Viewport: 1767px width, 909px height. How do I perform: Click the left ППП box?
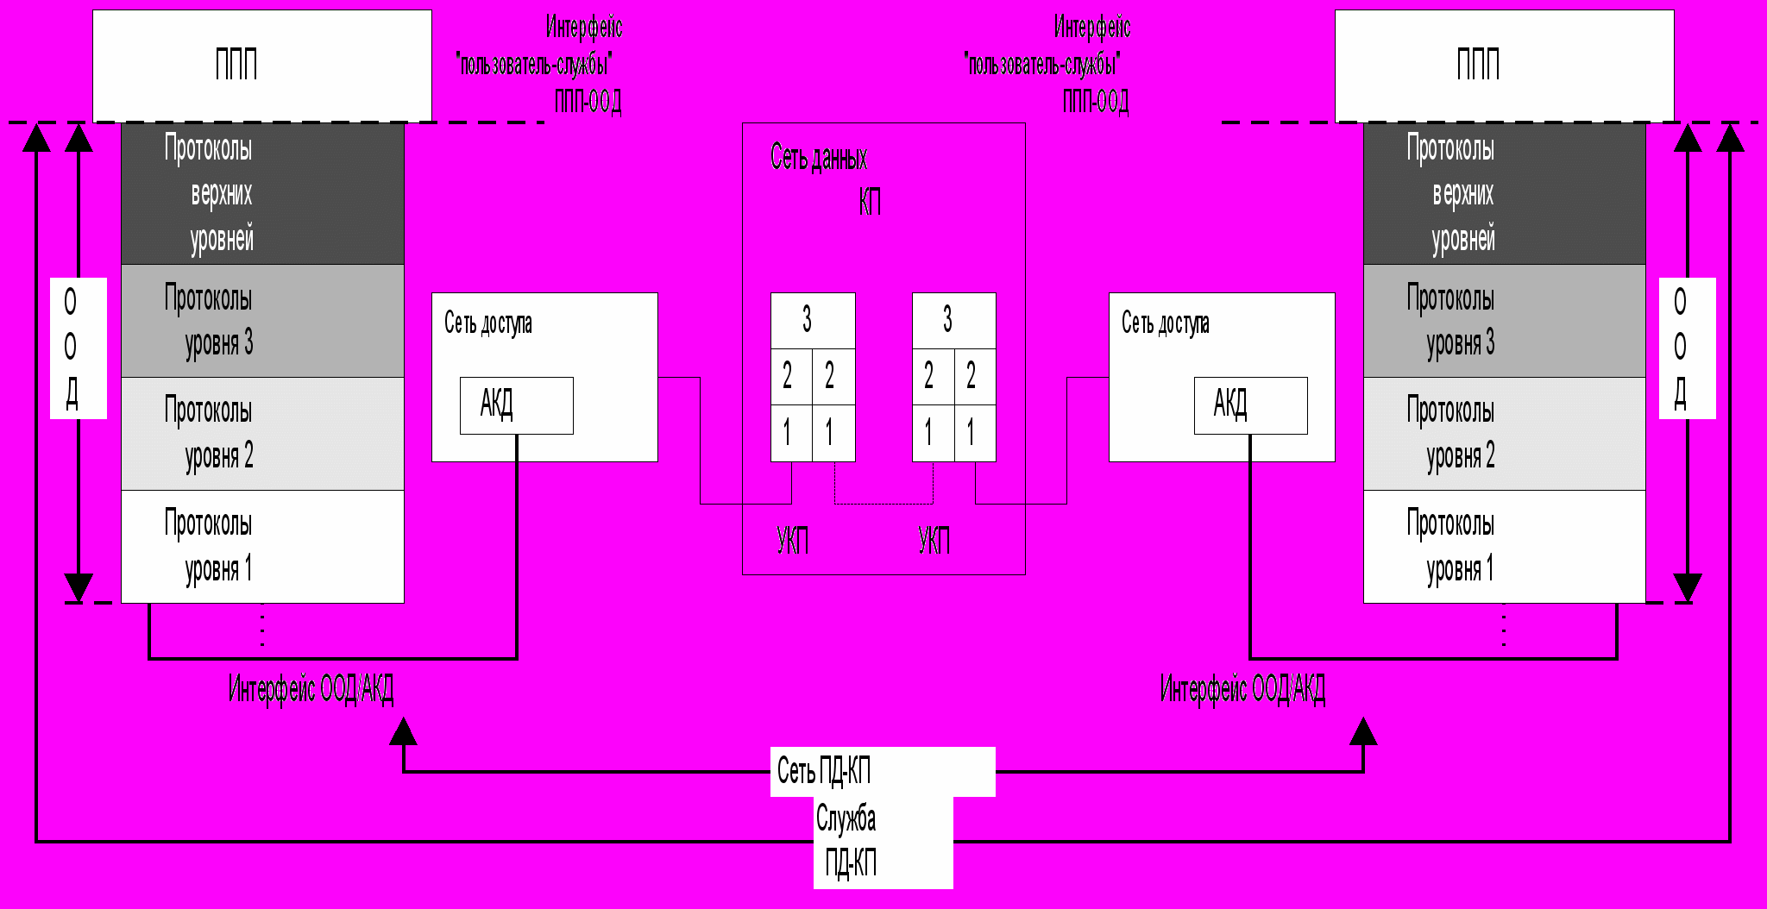pyautogui.click(x=261, y=66)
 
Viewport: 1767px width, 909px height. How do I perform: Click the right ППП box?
pyautogui.click(x=1504, y=66)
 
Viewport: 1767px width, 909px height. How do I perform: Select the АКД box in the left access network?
pyautogui.click(x=516, y=404)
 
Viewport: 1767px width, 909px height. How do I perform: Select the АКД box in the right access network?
pyautogui.click(x=1250, y=404)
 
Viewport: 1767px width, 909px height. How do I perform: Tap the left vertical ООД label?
pyautogui.click(x=78, y=348)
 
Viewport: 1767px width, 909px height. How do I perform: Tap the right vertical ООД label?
pyautogui.click(x=1687, y=348)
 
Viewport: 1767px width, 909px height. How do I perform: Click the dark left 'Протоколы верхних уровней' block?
pyautogui.click(x=262, y=193)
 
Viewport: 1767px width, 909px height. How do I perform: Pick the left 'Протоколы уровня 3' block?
pyautogui.click(x=262, y=321)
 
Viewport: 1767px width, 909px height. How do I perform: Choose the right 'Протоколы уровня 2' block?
pyautogui.click(x=1504, y=434)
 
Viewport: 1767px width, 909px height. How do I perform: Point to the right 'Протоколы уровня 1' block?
pyautogui.click(x=1504, y=546)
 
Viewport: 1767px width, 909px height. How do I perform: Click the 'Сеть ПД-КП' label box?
pyautogui.click(x=882, y=771)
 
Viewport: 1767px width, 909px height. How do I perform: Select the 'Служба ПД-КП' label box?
pyautogui.click(x=883, y=842)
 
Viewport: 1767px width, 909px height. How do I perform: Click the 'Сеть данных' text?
pyautogui.click(x=818, y=158)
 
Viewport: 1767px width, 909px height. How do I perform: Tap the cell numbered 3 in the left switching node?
pyautogui.click(x=812, y=320)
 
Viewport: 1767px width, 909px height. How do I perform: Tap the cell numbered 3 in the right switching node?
pyautogui.click(x=953, y=320)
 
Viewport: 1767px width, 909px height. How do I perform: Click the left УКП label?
pyautogui.click(x=792, y=541)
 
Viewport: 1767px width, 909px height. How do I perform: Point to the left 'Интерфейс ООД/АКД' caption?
pyautogui.click(x=311, y=689)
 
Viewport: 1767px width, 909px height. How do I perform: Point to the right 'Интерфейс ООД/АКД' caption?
pyautogui.click(x=1242, y=689)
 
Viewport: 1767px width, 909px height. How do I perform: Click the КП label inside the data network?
pyautogui.click(x=870, y=203)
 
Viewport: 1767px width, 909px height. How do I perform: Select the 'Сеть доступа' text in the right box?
pyautogui.click(x=1165, y=323)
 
